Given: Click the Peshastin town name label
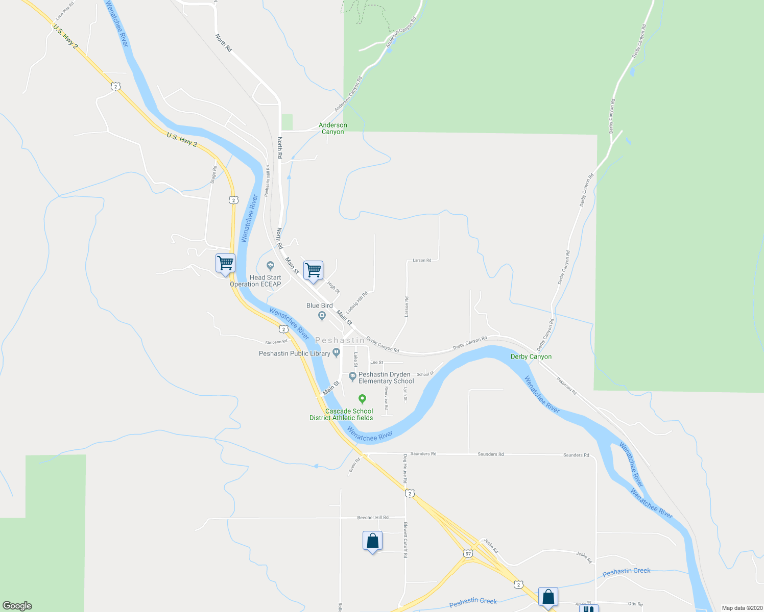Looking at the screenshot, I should click(x=340, y=340).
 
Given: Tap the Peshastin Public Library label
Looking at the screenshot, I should click(x=295, y=353).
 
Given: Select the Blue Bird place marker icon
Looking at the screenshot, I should click(x=322, y=316).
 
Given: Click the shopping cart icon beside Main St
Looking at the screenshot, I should click(x=313, y=270).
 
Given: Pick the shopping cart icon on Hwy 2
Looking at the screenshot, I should click(x=225, y=263).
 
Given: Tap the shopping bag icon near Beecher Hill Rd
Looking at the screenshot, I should click(x=372, y=541).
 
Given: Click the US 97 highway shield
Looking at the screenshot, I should click(x=468, y=553).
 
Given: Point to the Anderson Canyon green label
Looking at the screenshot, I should click(x=332, y=129).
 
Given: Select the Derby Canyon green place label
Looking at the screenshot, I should click(x=531, y=356).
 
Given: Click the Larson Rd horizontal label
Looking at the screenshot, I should click(x=422, y=260).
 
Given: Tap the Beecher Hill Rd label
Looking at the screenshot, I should click(x=373, y=518).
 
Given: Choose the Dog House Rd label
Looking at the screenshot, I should click(x=405, y=469).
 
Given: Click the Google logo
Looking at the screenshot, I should click(x=17, y=606).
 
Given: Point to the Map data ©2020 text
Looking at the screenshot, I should click(x=741, y=608).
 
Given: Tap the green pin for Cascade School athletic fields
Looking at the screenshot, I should click(x=362, y=399).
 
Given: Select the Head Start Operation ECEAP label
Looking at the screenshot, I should click(x=256, y=281).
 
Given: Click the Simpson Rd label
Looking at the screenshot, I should click(x=276, y=342).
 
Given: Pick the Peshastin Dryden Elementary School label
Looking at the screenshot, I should click(x=386, y=378).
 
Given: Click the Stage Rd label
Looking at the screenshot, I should click(x=213, y=174).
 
